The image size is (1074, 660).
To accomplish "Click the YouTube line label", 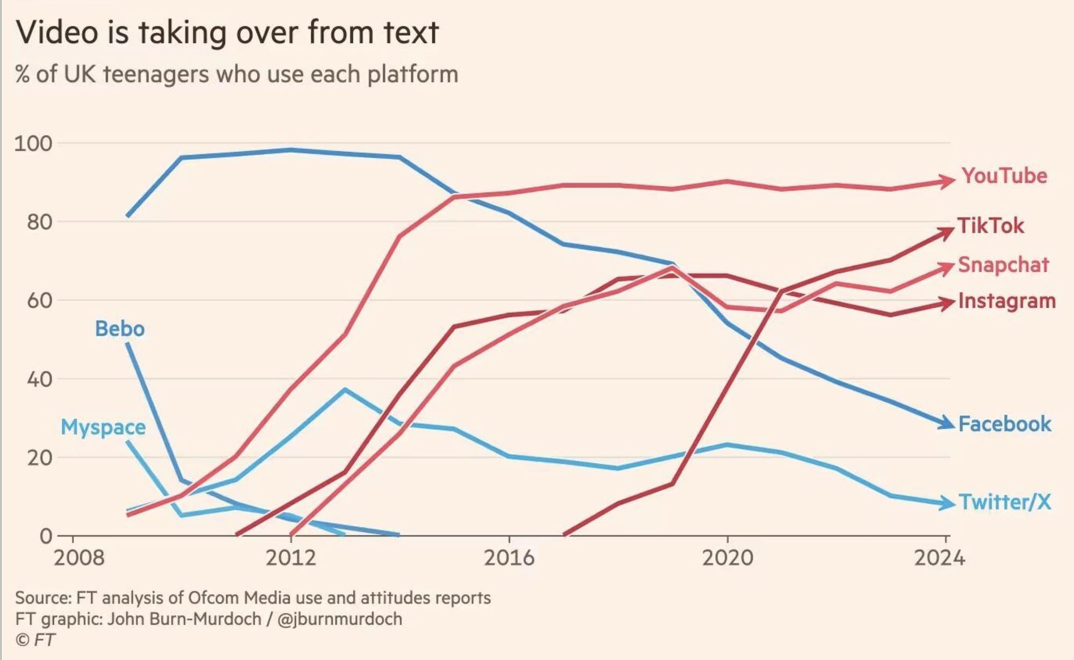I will click(x=1004, y=176).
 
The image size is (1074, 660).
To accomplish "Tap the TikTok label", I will click(x=991, y=226).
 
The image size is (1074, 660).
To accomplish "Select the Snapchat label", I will click(x=1003, y=265).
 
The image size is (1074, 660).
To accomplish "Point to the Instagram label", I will click(x=1007, y=301).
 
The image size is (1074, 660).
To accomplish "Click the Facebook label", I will click(x=1005, y=424).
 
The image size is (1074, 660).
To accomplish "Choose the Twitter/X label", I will click(x=1005, y=502).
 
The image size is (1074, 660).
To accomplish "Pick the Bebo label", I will click(x=120, y=329).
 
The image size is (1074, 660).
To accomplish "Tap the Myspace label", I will click(x=103, y=427).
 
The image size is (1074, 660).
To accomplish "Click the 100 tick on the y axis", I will click(x=33, y=144).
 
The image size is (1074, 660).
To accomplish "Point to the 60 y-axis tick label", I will click(x=40, y=301).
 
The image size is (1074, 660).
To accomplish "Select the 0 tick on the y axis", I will click(x=46, y=536).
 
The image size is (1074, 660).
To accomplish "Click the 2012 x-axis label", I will click(x=291, y=559).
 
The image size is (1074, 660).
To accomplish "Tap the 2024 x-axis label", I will click(x=939, y=559).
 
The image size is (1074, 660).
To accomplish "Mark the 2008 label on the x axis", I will click(x=79, y=559).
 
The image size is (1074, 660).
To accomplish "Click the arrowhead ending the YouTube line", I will click(x=947, y=181).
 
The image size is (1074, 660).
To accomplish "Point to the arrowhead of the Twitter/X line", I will click(x=947, y=504).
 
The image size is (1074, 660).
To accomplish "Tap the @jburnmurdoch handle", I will click(x=339, y=619).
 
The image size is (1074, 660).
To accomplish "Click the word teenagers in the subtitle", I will click(x=156, y=75).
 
